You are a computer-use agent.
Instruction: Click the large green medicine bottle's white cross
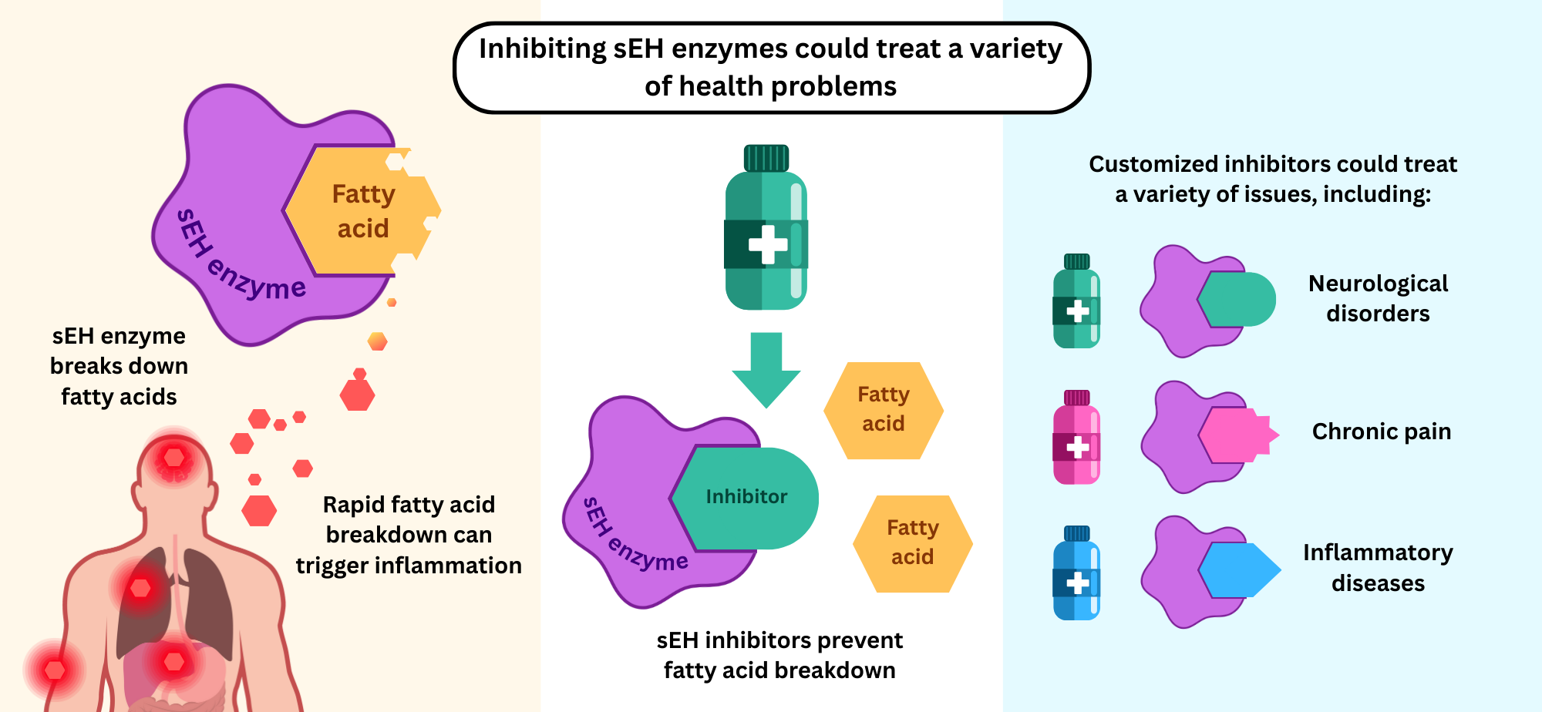click(x=768, y=244)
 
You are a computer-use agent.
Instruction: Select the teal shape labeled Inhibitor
click(x=746, y=498)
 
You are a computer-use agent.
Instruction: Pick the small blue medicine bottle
click(x=1076, y=573)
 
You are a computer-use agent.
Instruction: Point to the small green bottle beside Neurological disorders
click(x=1076, y=302)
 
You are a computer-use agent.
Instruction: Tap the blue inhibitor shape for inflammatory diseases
click(x=1238, y=571)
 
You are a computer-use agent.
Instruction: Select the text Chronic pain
click(x=1381, y=432)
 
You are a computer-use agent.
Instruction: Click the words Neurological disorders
click(x=1378, y=298)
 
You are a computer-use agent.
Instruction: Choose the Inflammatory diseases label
click(x=1378, y=567)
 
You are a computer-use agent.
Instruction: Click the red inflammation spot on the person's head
click(x=174, y=458)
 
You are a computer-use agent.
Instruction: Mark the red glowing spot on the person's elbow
click(x=55, y=670)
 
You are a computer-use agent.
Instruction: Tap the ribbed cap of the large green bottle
click(x=766, y=158)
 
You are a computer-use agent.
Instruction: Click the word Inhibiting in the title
click(x=542, y=49)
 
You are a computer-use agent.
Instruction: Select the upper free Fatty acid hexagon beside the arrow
click(x=884, y=410)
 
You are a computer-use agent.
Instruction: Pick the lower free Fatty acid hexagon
click(x=912, y=543)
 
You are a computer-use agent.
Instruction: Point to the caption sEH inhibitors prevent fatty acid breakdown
click(x=779, y=655)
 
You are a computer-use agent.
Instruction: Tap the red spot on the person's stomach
click(x=174, y=661)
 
